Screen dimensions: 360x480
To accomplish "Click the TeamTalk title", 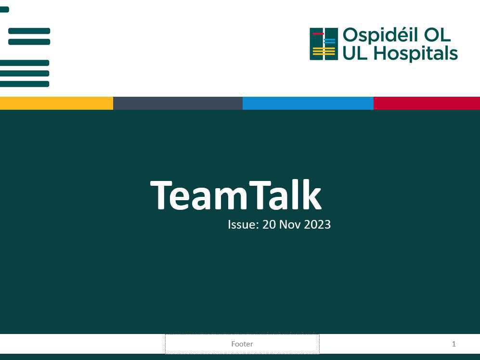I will (x=235, y=195).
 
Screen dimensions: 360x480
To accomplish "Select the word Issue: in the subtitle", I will (x=243, y=225).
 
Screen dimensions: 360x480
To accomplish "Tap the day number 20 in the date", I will (x=269, y=225).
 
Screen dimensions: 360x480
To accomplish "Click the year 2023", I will (x=317, y=225).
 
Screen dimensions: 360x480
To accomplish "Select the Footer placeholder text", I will (x=242, y=344).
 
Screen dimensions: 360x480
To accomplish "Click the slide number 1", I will (x=454, y=344).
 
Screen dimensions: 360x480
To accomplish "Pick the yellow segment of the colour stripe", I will (x=56, y=103).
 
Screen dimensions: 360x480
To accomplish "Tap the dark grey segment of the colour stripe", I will (x=178, y=103).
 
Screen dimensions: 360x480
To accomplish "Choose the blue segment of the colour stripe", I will (x=308, y=103).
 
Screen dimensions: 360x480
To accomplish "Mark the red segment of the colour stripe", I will (x=427, y=103).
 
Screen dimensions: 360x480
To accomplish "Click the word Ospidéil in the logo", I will (x=380, y=36).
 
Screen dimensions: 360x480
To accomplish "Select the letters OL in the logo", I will (x=437, y=35).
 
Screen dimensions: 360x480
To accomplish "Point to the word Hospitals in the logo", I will (x=415, y=54).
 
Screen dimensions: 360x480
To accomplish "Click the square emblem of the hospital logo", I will (x=324, y=44).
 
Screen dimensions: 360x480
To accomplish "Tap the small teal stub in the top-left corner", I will (x=4, y=10).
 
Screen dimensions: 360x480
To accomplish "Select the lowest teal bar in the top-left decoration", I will (x=25, y=84).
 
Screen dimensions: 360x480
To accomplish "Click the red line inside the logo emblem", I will (x=318, y=34).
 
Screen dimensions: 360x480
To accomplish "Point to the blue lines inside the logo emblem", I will (x=330, y=41).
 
